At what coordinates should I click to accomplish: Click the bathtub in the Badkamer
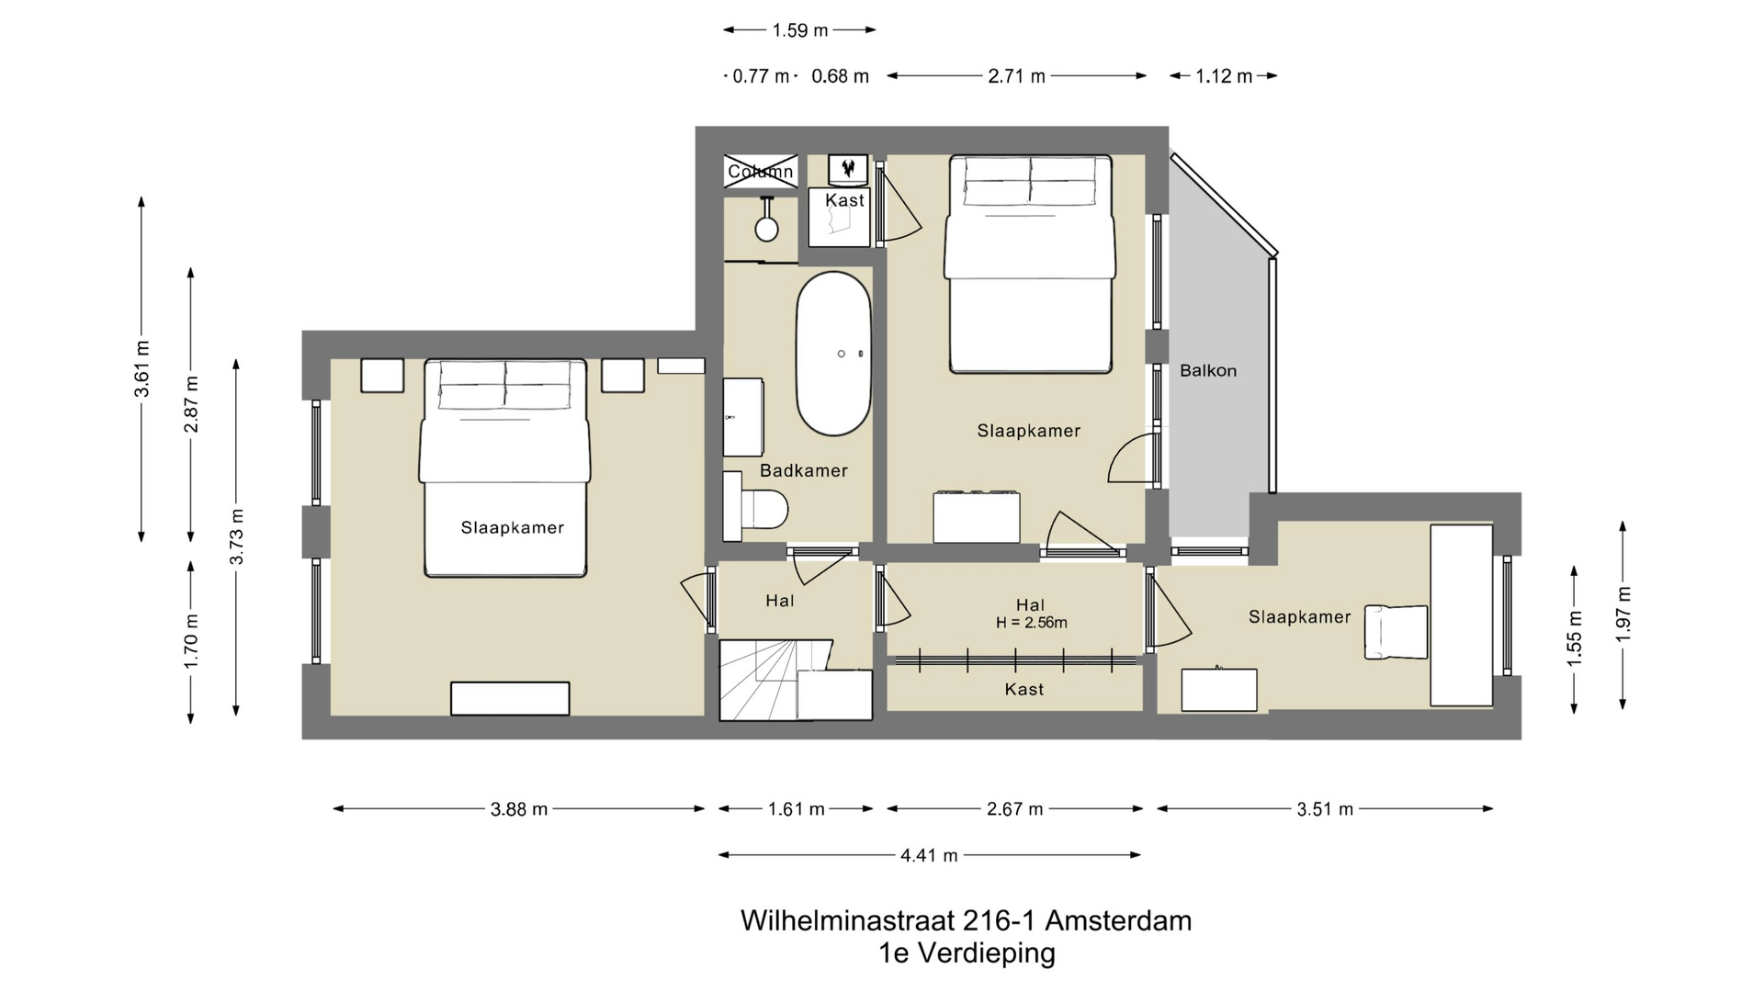click(832, 354)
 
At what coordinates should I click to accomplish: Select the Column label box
click(760, 172)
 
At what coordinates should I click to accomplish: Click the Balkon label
click(1207, 371)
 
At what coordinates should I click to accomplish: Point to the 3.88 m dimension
click(518, 809)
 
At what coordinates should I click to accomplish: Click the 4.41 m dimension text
click(928, 856)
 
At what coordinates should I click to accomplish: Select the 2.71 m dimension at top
click(1016, 76)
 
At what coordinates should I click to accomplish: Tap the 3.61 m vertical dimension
click(142, 368)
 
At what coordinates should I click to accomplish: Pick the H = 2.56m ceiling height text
click(1031, 623)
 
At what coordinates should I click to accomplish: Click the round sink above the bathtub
click(766, 228)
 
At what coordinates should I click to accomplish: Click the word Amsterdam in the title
click(1118, 920)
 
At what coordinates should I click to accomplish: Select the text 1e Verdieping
click(967, 953)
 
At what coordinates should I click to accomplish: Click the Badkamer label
click(803, 471)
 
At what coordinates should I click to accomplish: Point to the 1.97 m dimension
click(1623, 614)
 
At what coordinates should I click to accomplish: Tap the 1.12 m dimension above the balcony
click(1223, 76)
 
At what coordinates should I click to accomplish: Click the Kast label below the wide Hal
click(1023, 690)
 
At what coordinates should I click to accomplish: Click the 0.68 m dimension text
click(840, 76)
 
